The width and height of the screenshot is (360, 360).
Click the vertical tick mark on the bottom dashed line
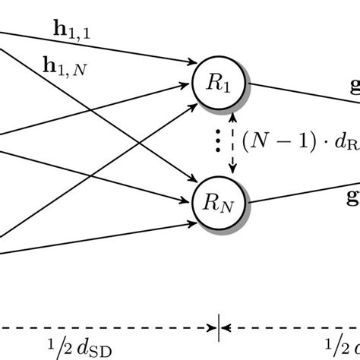[219, 329]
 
